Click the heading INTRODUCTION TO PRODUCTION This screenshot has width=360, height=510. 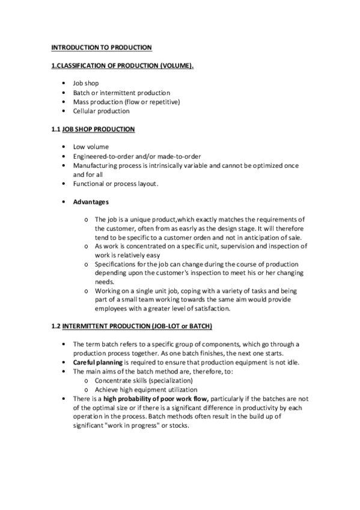pyautogui.click(x=101, y=47)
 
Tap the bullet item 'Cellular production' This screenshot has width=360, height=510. pyautogui.click(x=101, y=111)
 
